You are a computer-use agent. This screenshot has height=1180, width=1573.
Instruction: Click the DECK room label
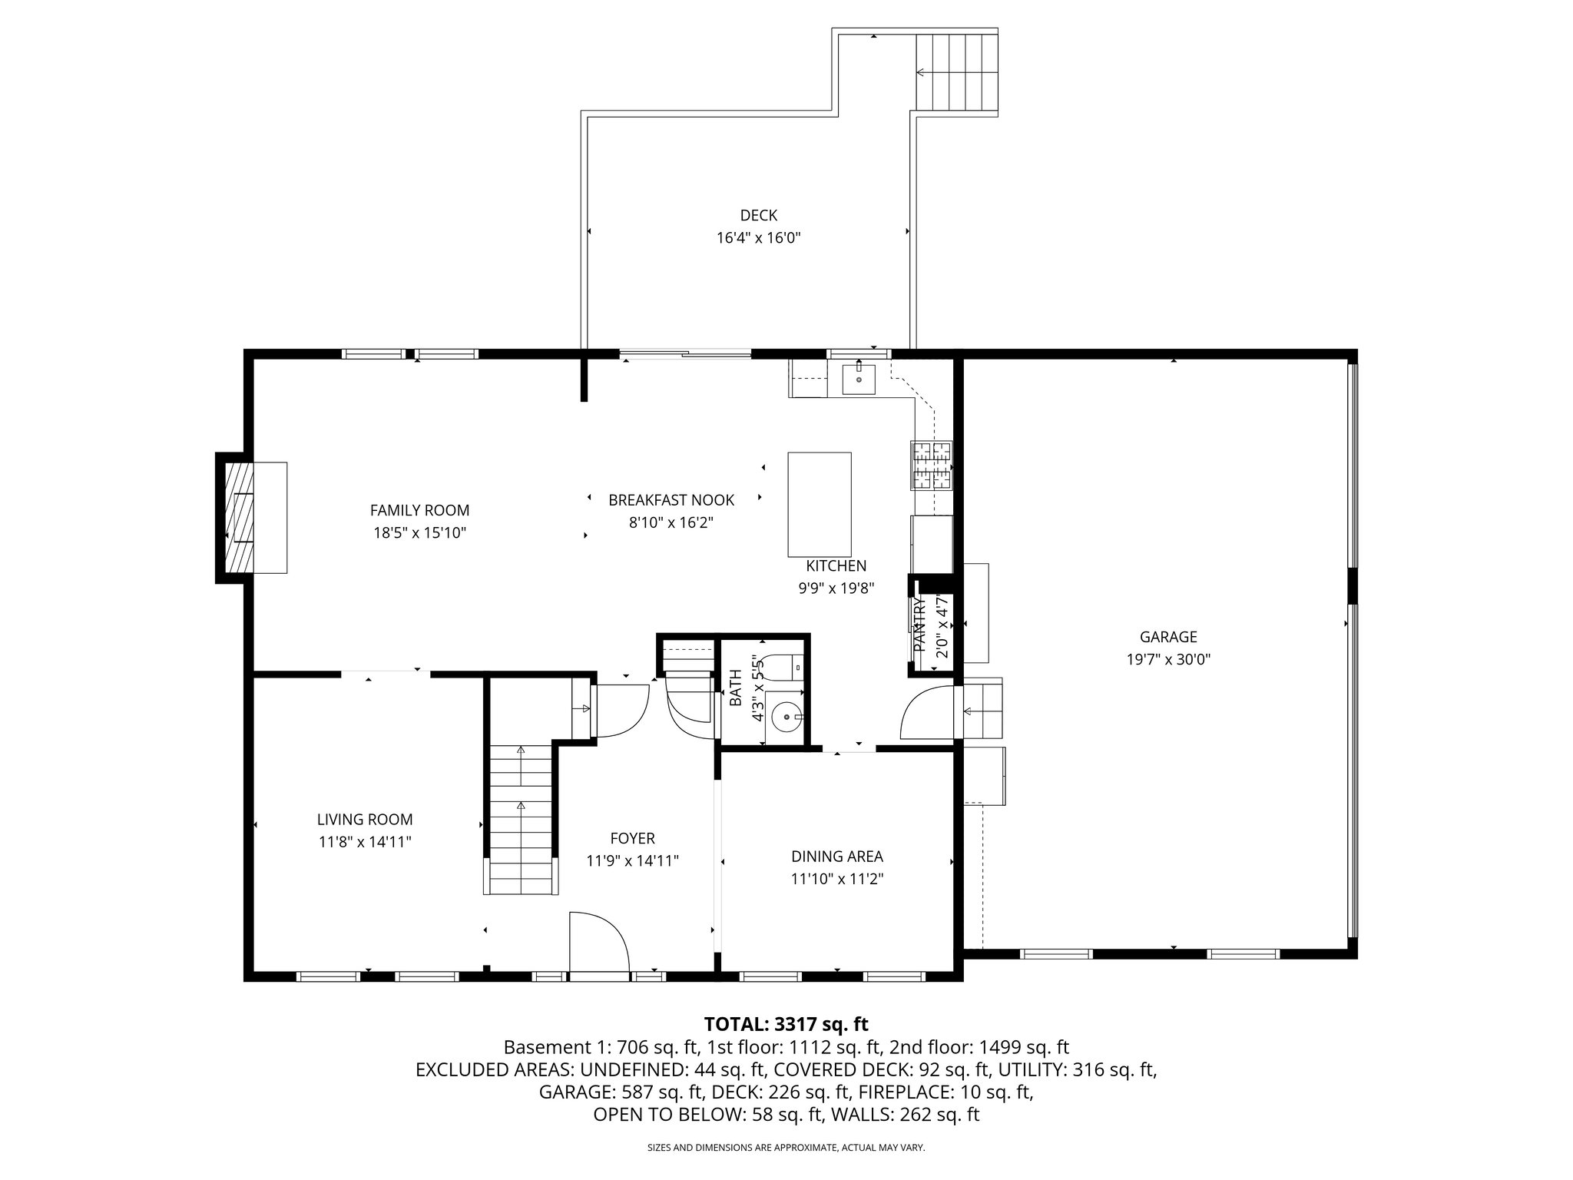click(x=758, y=216)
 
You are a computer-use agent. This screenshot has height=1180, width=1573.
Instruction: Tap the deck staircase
click(x=955, y=72)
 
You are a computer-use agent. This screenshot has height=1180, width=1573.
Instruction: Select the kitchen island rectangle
click(x=819, y=504)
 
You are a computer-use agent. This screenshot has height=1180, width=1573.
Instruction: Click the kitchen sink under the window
click(x=859, y=379)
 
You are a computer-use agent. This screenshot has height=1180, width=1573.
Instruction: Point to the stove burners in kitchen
click(x=932, y=466)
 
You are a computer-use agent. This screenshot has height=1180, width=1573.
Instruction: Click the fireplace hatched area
click(x=239, y=517)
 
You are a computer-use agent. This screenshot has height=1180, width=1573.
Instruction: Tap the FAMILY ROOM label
click(x=419, y=510)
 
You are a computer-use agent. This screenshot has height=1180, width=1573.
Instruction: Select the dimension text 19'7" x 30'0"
click(x=1168, y=659)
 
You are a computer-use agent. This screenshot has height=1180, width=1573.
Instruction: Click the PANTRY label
click(x=919, y=626)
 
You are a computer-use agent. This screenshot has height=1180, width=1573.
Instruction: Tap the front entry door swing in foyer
click(x=598, y=943)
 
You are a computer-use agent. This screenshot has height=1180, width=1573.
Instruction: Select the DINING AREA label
click(x=837, y=857)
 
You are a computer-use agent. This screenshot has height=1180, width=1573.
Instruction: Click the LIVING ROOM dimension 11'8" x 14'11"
click(x=365, y=842)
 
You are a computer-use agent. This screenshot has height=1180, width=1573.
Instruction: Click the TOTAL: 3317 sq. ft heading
click(x=786, y=1024)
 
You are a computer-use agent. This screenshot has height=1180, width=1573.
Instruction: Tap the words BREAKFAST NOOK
click(x=671, y=500)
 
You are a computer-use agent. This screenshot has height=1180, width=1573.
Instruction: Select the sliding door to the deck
click(x=685, y=354)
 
